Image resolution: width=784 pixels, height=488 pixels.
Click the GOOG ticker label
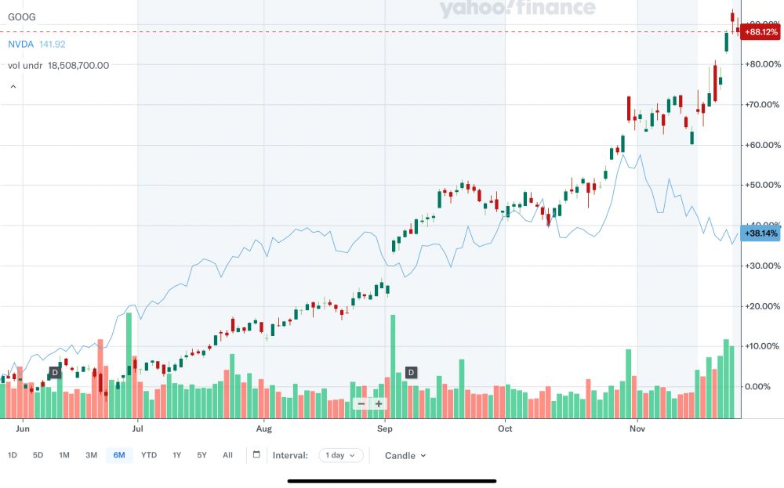22,16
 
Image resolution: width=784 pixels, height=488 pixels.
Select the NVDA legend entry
21,45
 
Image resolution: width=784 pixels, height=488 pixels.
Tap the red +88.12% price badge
761,32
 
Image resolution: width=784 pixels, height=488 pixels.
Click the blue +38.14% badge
761,233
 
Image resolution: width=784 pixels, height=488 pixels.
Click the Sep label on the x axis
384,429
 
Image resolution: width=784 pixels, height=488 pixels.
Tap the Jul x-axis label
138,429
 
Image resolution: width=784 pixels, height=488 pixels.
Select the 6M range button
119,455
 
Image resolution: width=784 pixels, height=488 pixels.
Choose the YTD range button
149,455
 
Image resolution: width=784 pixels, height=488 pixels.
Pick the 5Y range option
202,455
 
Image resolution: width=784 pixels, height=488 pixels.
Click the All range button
227,455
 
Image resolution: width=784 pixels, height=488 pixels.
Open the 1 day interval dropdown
341,455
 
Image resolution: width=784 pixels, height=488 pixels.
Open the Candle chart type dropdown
405,455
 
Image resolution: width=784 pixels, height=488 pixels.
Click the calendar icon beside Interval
256,455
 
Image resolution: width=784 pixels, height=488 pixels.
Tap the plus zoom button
379,404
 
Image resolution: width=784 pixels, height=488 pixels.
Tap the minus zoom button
361,404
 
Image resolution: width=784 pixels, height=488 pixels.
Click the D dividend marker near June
55,372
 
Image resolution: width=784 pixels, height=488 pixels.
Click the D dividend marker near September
411,372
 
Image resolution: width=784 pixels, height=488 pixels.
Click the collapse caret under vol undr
13,87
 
